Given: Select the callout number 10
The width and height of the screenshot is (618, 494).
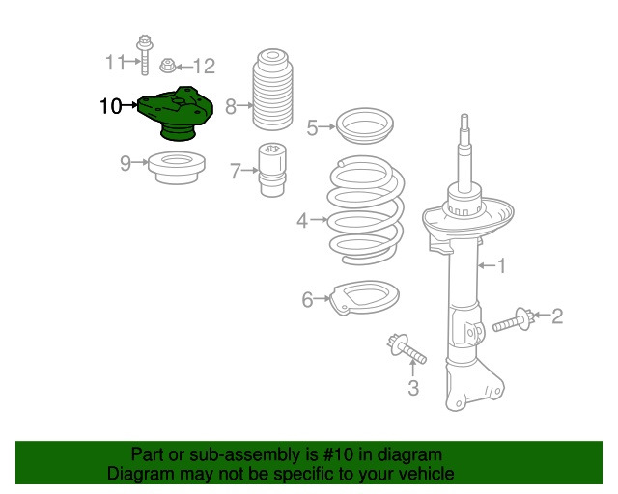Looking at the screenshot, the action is (x=110, y=106).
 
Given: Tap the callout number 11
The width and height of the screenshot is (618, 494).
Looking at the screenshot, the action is (x=115, y=63).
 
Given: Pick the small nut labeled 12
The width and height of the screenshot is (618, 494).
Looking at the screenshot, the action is (x=167, y=66).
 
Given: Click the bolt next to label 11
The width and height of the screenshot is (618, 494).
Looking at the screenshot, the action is (x=145, y=55).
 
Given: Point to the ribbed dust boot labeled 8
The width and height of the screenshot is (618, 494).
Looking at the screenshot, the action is (x=272, y=90).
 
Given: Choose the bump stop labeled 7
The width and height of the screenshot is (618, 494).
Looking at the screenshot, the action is (x=272, y=170).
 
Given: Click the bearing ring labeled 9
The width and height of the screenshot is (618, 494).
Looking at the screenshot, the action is (x=177, y=167).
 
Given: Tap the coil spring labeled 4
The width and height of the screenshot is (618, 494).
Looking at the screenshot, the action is (x=366, y=209).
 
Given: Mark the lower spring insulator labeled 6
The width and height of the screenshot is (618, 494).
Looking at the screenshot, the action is (x=364, y=297).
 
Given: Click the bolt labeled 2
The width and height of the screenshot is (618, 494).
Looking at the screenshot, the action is (x=514, y=320).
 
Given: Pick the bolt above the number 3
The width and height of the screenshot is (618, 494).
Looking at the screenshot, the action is (x=406, y=348).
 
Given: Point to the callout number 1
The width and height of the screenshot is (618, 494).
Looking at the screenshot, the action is (x=501, y=266).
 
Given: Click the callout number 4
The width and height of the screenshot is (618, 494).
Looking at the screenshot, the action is (x=302, y=221).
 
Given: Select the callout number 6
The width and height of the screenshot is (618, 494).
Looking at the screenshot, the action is (x=307, y=299).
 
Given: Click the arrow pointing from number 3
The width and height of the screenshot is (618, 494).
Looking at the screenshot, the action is (x=412, y=369).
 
